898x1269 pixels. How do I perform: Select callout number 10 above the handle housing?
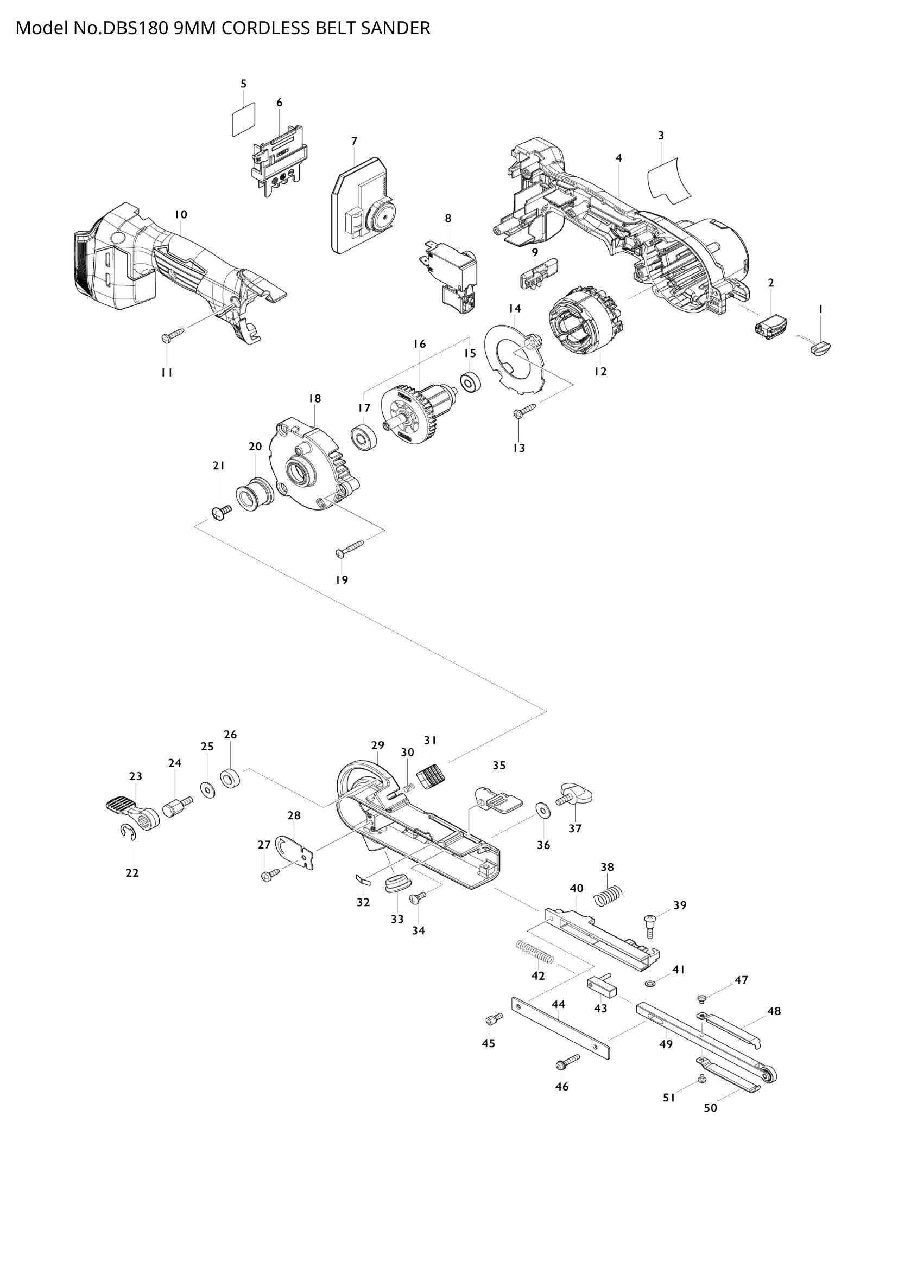coord(181,214)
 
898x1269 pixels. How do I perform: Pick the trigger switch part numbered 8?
coord(449,273)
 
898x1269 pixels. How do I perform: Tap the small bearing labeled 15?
coord(470,383)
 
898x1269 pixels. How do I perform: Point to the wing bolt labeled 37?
coord(574,796)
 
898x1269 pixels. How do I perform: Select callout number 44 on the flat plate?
coord(559,1017)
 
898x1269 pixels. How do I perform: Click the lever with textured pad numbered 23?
coord(128,810)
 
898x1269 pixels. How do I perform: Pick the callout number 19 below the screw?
coord(342,580)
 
